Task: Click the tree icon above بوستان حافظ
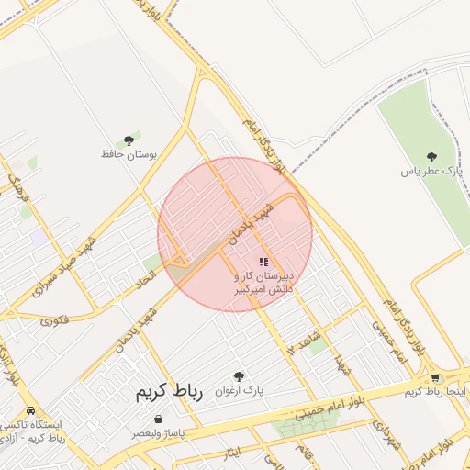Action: (x=129, y=140)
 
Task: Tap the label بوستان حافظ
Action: (x=129, y=154)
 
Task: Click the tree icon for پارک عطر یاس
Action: (x=431, y=157)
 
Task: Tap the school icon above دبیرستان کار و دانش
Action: (x=263, y=263)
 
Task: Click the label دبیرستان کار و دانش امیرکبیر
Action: (x=263, y=282)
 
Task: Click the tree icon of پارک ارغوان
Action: (x=240, y=376)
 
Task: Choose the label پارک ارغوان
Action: (x=241, y=390)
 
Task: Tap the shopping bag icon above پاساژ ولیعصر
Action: (x=159, y=419)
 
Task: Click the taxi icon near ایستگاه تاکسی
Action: (x=32, y=410)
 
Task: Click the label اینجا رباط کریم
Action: (x=436, y=392)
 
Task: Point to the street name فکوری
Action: (x=54, y=320)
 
